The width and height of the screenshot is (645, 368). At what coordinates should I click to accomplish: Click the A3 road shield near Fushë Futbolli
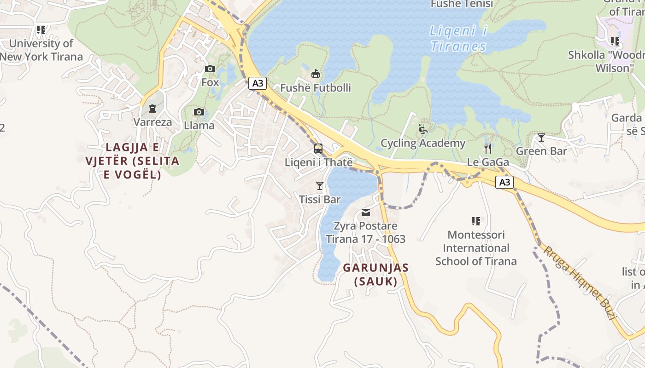pos(258,83)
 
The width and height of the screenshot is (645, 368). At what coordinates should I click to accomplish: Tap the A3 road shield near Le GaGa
pos(504,182)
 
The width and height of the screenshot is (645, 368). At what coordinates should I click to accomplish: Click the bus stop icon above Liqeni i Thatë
pos(318,149)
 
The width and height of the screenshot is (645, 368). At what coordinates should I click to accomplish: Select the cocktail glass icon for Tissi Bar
pos(319,186)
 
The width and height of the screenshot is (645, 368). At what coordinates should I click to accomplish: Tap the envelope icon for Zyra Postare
pos(366,213)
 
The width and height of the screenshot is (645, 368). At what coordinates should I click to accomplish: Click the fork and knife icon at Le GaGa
pos(488,149)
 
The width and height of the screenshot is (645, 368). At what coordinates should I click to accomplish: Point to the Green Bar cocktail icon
pos(541,138)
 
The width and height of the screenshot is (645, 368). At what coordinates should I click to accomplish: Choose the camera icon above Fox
pos(210,69)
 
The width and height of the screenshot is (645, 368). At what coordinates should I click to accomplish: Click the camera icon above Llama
pos(199,112)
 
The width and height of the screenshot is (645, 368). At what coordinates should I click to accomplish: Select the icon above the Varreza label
pos(152,109)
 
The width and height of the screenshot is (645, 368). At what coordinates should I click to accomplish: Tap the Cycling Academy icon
pos(423,129)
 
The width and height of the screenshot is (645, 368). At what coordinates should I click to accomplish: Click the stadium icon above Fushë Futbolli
pos(316,74)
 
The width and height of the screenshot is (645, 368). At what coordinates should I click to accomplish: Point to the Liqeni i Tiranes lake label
pos(458,39)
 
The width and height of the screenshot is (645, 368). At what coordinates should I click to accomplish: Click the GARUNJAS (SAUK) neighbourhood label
pos(375,274)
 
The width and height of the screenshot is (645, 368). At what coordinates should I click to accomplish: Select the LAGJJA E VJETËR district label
pos(132,161)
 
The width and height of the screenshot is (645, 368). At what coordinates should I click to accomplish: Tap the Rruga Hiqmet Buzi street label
pos(580,282)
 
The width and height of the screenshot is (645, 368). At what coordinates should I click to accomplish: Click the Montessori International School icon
pos(476,221)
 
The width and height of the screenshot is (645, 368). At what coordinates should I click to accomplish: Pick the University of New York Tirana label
pos(41,50)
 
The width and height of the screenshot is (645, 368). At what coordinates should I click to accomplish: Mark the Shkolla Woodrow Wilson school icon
pos(615,41)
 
